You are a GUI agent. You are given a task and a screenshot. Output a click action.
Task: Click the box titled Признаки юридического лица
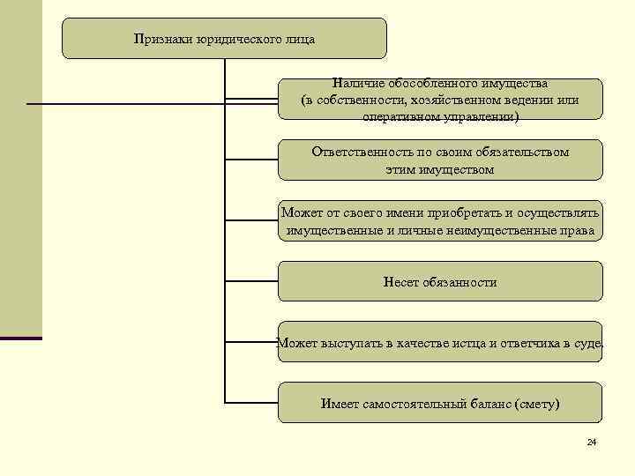point(224,39)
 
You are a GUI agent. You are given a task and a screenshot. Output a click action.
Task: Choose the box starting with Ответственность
point(440,160)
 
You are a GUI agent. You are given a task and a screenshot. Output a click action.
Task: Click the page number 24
point(591,442)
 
